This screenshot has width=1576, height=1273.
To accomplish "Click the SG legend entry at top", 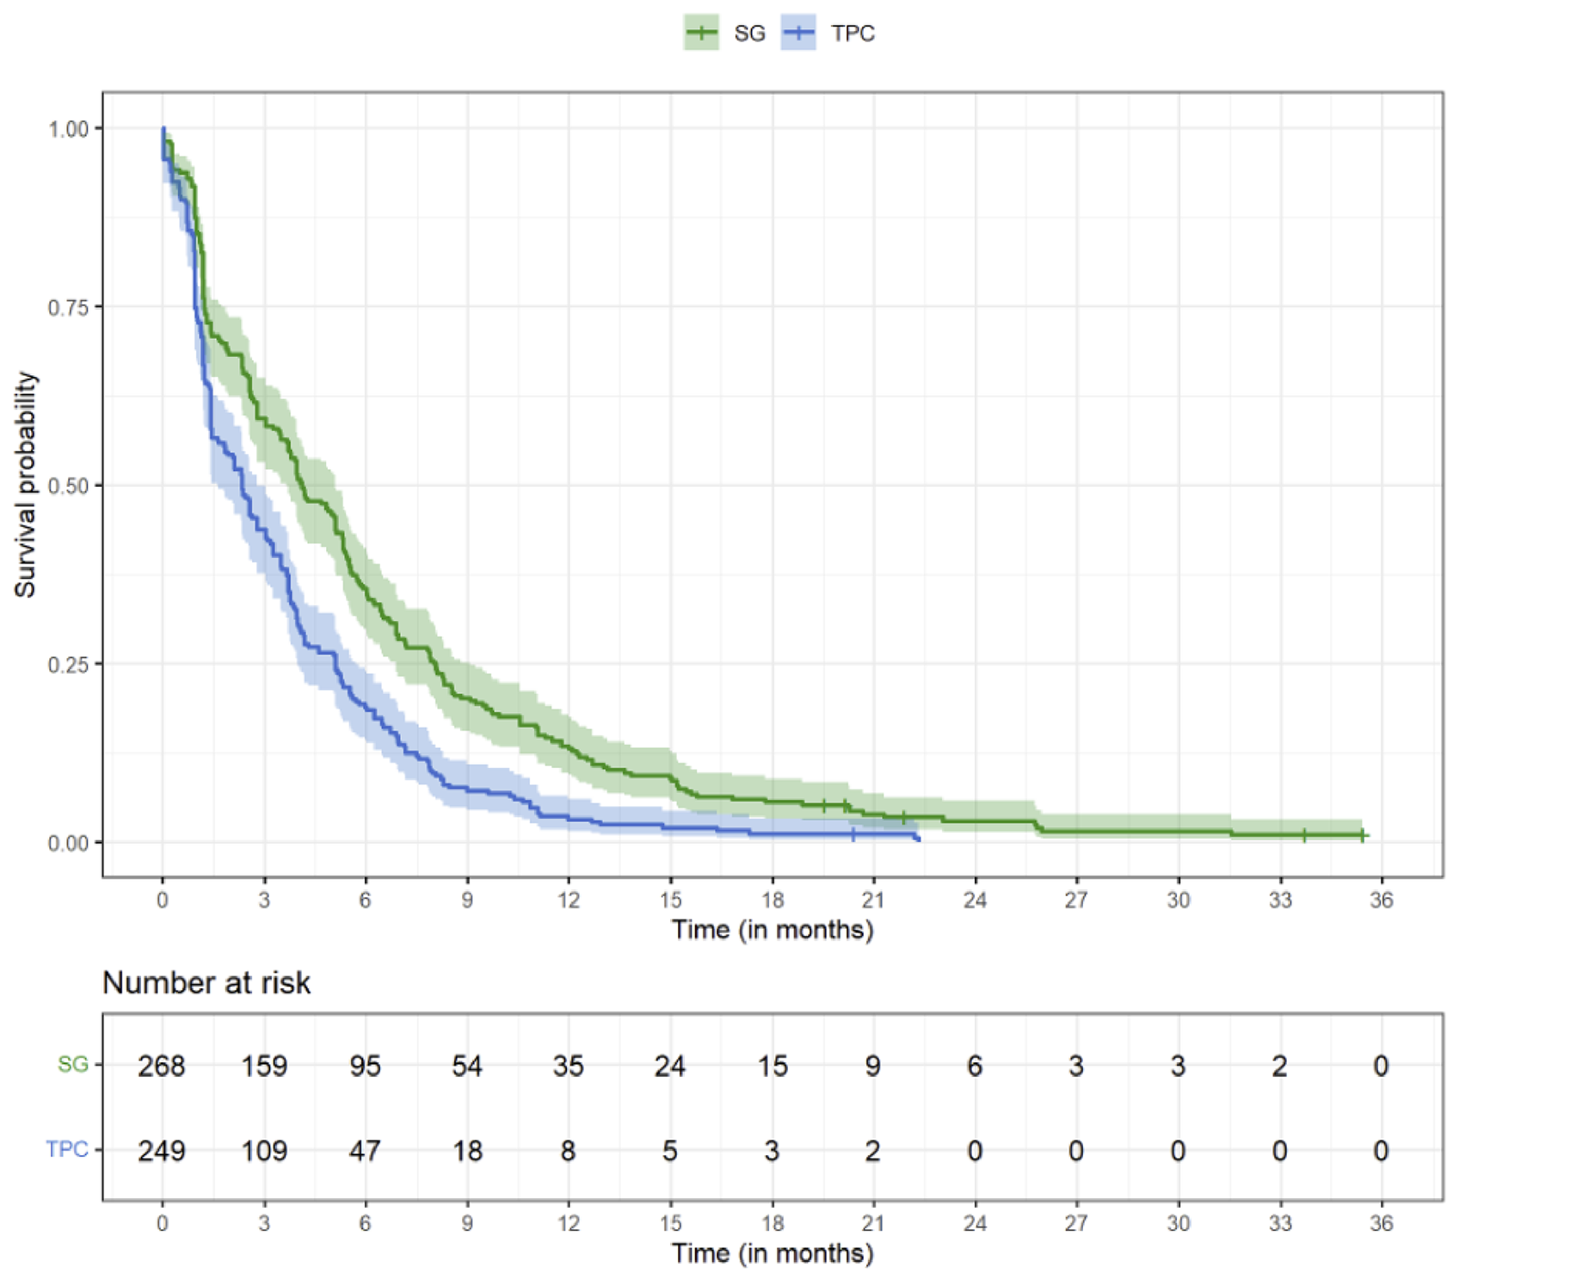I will (x=725, y=34).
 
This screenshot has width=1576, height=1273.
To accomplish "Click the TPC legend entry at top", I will (x=828, y=34).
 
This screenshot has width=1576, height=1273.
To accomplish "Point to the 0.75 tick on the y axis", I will (x=68, y=307).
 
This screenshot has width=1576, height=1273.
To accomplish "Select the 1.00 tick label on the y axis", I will (x=68, y=129).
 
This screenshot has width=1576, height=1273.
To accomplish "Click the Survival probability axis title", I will (x=26, y=484).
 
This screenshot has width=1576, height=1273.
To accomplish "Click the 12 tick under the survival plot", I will (x=568, y=900).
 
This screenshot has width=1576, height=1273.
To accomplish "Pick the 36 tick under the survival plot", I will (x=1381, y=900).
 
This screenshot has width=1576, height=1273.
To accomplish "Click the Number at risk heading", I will (x=206, y=982).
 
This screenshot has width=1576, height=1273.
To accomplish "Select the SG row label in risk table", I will (x=73, y=1064).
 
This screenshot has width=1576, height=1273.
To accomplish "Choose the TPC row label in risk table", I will (x=67, y=1149).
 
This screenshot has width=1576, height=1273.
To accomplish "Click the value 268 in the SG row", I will (x=162, y=1066).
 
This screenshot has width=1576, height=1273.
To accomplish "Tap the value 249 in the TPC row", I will (x=162, y=1150).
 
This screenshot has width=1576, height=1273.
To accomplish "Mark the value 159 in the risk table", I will (x=263, y=1066).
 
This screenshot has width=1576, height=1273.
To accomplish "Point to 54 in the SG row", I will (x=467, y=1066).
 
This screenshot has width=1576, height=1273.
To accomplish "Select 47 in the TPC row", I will (x=365, y=1150).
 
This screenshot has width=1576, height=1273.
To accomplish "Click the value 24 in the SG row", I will (x=669, y=1066).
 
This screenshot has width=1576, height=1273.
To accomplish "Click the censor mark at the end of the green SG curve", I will (x=1363, y=835).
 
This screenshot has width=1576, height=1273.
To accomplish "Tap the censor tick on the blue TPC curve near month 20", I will (x=853, y=835).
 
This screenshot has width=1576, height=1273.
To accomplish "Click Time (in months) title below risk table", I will (x=772, y=1252).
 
